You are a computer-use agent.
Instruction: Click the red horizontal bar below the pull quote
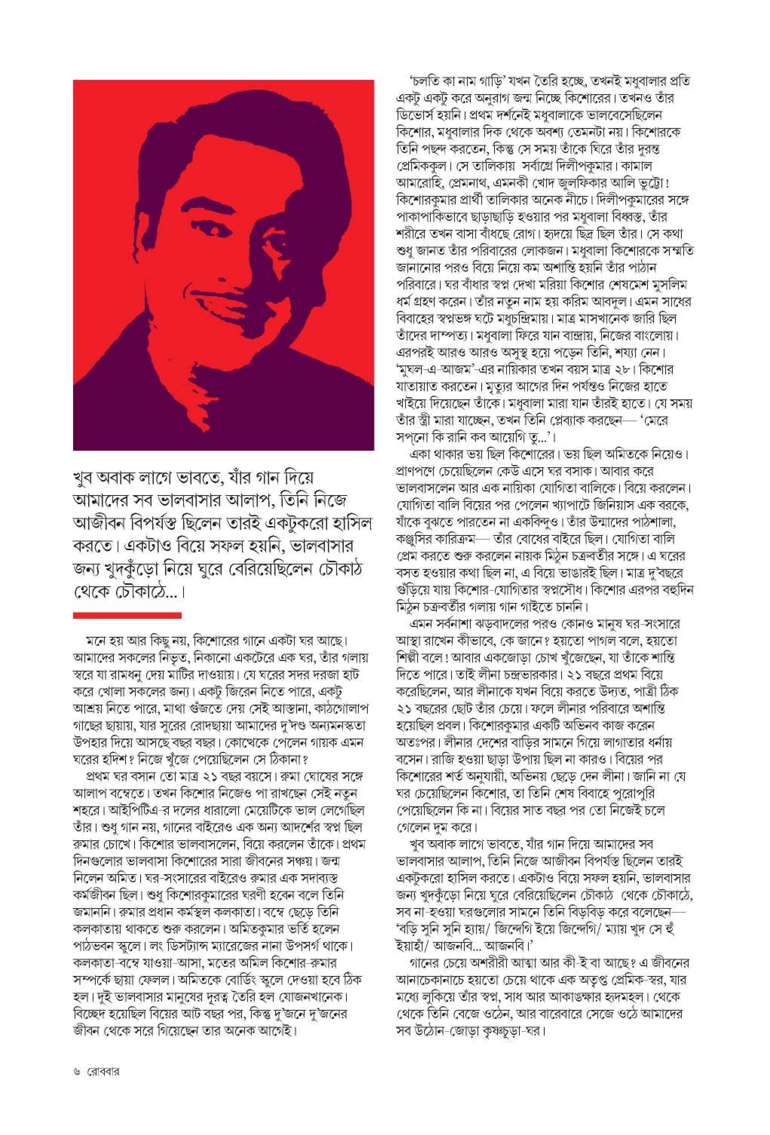[127, 615]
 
